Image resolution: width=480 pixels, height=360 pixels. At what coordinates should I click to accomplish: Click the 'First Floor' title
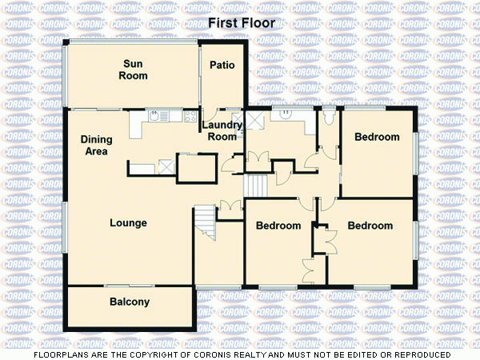pos(242,23)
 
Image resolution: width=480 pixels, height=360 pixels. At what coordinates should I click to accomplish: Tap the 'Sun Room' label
pos(134,70)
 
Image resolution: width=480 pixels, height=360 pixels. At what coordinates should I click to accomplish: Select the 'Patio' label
pos(222,65)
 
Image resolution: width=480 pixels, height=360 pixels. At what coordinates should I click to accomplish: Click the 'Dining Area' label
pos(97,146)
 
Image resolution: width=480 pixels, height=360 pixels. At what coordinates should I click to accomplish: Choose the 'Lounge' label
pos(128,223)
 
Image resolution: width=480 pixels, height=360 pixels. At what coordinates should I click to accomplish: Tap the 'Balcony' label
pos(129,302)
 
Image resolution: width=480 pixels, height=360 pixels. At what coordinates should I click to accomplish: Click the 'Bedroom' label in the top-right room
pos(377,138)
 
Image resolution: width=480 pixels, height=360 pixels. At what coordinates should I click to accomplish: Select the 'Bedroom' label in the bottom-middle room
pos(278,226)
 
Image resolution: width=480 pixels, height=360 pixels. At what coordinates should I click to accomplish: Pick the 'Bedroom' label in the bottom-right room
pos(370,226)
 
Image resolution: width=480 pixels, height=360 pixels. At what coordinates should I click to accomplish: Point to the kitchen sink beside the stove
pos(163,117)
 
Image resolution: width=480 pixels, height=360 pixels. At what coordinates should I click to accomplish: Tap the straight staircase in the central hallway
pos(255,185)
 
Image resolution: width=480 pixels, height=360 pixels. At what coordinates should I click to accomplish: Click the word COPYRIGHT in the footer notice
pos(191,354)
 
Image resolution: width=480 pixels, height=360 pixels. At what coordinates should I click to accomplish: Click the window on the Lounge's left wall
pos(65,227)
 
